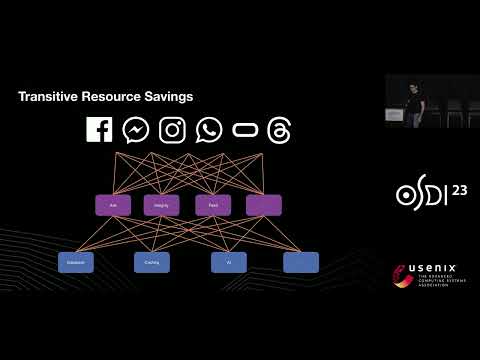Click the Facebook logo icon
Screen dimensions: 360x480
tap(99, 130)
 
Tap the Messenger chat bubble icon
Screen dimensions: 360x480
tap(136, 130)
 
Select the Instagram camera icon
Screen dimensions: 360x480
tap(173, 130)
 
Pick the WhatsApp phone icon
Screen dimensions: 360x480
tap(209, 130)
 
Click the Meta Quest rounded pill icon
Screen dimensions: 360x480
tap(245, 130)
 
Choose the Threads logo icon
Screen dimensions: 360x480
tap(280, 130)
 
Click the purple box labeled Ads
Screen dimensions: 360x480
tap(113, 205)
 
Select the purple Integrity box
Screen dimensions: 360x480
tap(161, 205)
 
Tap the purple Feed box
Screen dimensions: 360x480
tap(213, 205)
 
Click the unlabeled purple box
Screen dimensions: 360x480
tap(264, 205)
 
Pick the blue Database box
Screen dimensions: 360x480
tap(76, 262)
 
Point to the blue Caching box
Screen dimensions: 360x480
tap(152, 262)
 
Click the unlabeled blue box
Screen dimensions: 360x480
tap(301, 262)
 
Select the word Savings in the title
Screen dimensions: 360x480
tap(169, 97)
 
